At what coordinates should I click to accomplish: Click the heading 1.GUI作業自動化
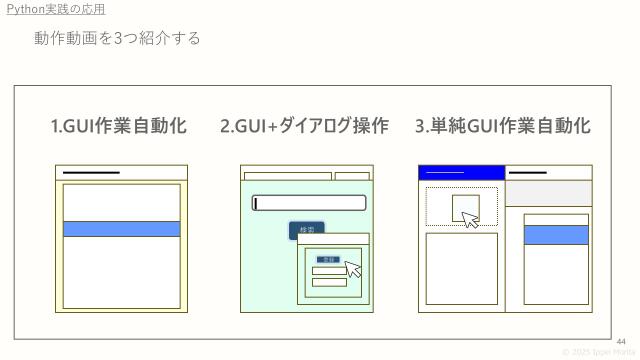tap(119, 126)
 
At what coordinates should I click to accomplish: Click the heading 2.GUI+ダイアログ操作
tap(304, 126)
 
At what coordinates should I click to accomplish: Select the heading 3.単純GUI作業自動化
tap(502, 126)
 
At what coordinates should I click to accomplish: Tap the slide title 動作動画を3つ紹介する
tap(117, 38)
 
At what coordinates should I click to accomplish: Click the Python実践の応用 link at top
tap(55, 9)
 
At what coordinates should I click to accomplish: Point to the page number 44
tap(620, 341)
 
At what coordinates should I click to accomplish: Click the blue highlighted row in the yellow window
tap(121, 229)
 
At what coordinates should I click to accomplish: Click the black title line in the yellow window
tap(91, 173)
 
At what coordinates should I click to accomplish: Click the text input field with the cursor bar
tap(309, 203)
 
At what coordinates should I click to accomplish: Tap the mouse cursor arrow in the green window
tap(352, 268)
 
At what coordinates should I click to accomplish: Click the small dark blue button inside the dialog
tap(327, 259)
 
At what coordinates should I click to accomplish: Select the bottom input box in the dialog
tap(329, 282)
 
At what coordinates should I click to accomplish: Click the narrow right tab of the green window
tap(352, 176)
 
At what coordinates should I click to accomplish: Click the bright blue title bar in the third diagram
tap(461, 173)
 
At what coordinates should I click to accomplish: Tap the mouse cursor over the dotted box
tap(470, 219)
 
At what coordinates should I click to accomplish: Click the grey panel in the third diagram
tap(548, 193)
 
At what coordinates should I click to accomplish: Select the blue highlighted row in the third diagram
tap(556, 235)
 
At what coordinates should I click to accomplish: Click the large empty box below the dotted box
tap(461, 268)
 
